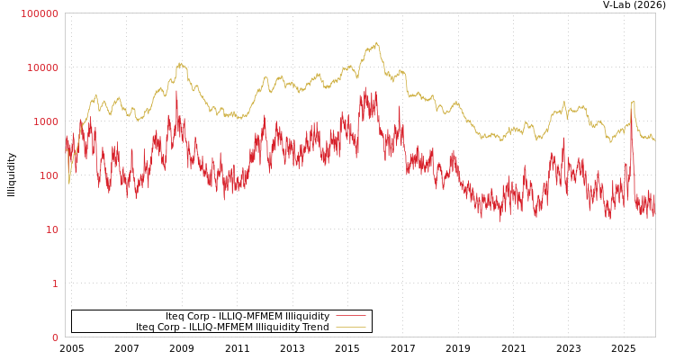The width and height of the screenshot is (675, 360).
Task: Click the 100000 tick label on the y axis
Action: (40, 13)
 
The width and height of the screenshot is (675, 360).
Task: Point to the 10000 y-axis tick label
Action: (42, 67)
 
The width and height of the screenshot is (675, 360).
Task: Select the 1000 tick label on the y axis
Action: (45, 121)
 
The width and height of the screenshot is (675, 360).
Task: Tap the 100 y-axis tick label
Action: (48, 175)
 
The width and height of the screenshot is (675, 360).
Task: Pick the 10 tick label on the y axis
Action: (51, 229)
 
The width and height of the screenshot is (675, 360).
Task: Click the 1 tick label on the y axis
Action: (54, 283)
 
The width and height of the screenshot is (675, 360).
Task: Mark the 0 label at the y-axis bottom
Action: (54, 337)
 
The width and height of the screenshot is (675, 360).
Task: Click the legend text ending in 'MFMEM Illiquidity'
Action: (247, 316)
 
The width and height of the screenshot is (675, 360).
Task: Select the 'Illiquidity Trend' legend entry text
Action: (232, 327)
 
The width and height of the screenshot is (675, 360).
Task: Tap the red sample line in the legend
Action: (350, 316)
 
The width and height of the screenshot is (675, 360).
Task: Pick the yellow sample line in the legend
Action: (350, 327)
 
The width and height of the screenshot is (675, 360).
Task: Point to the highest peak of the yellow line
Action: (376, 42)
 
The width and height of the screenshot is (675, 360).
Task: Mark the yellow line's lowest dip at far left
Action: (68, 183)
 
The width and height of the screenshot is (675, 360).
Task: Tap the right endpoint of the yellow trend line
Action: (654, 141)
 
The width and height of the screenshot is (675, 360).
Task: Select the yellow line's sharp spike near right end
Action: (633, 101)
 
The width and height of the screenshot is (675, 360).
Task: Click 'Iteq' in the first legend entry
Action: (175, 316)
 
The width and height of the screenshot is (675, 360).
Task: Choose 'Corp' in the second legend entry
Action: (171, 327)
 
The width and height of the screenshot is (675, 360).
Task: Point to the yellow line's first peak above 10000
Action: (181, 63)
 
